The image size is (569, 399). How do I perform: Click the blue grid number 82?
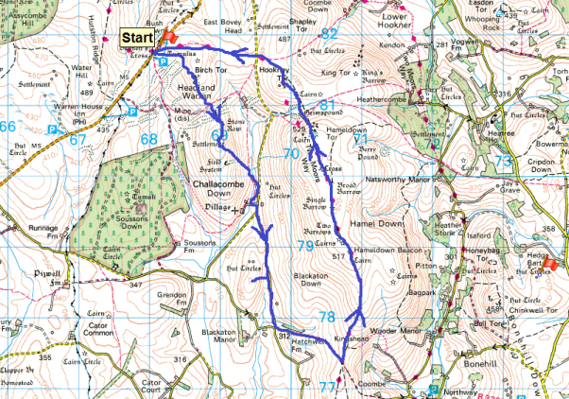[329, 34]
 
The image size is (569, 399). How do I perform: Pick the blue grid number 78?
[327, 316]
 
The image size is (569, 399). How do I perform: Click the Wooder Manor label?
[393, 332]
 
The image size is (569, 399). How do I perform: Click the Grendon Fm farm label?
[172, 299]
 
